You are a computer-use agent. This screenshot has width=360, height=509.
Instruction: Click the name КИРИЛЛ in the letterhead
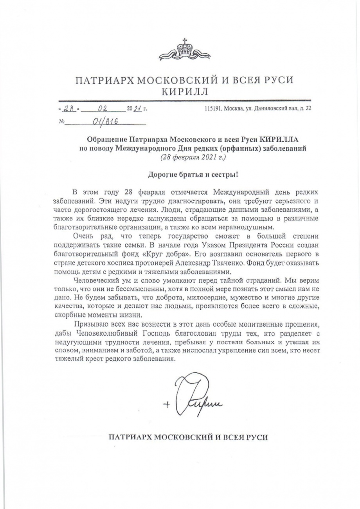point(185,92)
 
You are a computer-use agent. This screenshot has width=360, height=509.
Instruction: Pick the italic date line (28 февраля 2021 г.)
point(187,157)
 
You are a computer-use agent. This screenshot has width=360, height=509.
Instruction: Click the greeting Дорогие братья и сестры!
point(187,175)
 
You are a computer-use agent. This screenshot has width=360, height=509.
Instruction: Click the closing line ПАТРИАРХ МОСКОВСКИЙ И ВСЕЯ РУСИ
point(188,437)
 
